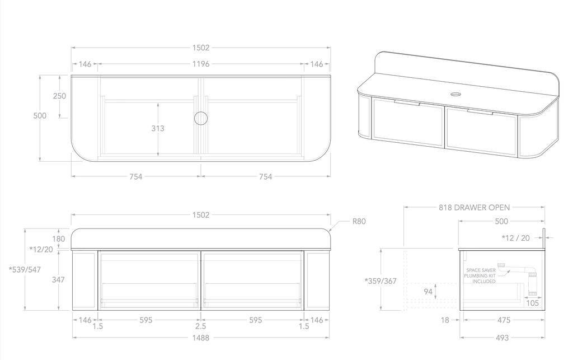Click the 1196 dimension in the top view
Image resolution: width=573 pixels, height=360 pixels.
(x=201, y=64)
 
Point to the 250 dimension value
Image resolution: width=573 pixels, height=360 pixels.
(x=59, y=96)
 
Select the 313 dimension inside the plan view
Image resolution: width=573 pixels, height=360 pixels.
(x=158, y=128)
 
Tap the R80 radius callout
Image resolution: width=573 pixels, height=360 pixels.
(x=359, y=222)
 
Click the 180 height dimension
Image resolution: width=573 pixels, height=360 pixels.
(x=59, y=239)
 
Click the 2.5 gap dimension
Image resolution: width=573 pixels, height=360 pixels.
(x=201, y=326)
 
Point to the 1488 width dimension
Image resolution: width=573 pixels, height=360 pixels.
(x=201, y=338)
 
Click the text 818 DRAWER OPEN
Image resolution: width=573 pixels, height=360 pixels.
(x=474, y=207)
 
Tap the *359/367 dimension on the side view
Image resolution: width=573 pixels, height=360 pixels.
(x=380, y=281)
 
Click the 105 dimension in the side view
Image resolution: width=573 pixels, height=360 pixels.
(x=533, y=303)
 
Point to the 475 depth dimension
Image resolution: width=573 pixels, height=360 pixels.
(x=504, y=320)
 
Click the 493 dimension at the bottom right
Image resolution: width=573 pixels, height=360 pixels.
(x=502, y=338)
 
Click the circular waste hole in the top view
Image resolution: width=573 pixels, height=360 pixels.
(x=201, y=118)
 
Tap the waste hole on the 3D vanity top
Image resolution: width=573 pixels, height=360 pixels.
(x=455, y=93)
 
